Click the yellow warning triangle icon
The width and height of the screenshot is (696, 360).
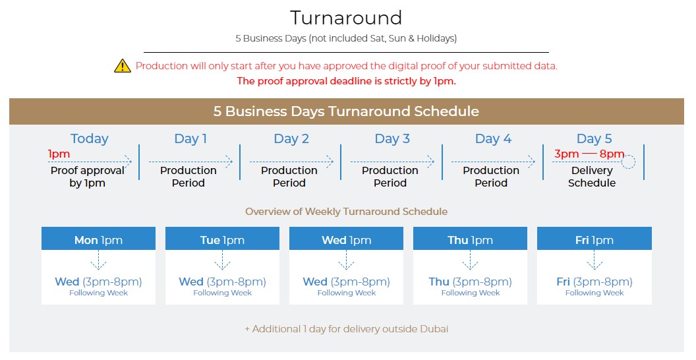(x=123, y=66)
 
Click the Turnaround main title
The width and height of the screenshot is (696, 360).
(x=346, y=18)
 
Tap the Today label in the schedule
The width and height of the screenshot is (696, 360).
(x=89, y=138)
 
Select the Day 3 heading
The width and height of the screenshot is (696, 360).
(x=392, y=138)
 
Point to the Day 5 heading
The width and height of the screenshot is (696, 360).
(x=594, y=138)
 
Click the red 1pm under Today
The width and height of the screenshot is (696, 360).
(x=59, y=154)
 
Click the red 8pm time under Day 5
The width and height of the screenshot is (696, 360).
(x=612, y=154)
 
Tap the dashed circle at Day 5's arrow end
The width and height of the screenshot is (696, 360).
(x=628, y=162)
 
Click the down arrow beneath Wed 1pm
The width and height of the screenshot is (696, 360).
(x=346, y=260)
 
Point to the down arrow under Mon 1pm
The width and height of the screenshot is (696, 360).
(x=99, y=260)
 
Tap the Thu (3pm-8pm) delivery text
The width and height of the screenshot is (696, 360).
(x=470, y=282)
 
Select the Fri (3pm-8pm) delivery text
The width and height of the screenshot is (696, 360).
(x=594, y=282)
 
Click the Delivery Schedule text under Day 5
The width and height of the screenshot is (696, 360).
(x=592, y=177)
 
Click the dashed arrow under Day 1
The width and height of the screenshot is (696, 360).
(x=191, y=162)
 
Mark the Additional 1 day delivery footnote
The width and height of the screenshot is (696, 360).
(x=346, y=329)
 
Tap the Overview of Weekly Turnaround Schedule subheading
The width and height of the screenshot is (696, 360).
(x=346, y=211)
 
